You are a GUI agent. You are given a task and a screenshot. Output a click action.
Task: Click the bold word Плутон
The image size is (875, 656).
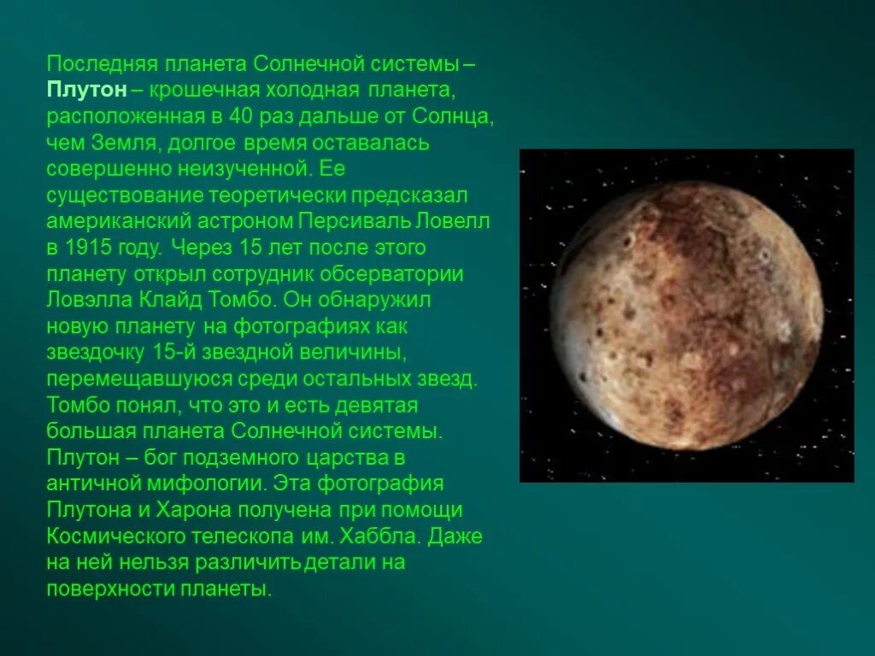(x=87, y=90)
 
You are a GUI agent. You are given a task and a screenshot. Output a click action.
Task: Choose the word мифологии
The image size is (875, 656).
(x=216, y=483)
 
